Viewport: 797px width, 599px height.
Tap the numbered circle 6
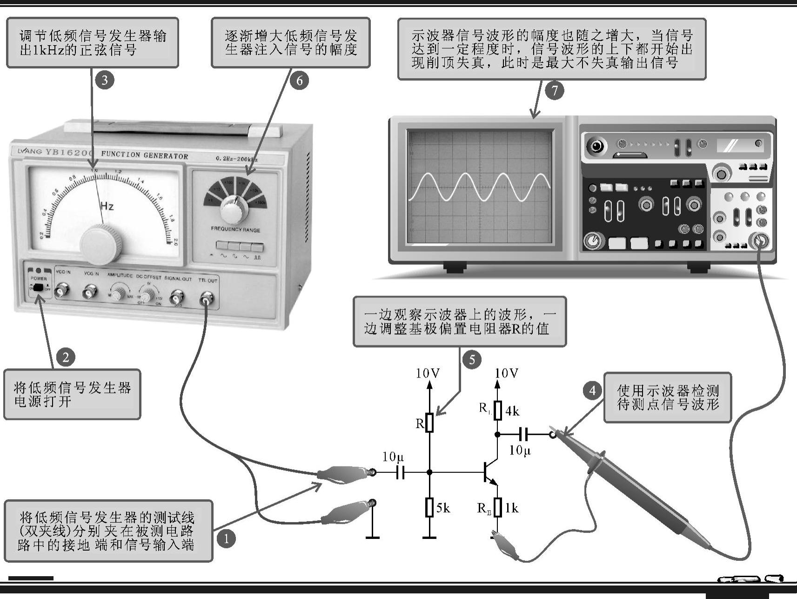[x=299, y=81]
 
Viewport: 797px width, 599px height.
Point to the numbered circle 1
[x=227, y=539]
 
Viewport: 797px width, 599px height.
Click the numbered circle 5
[x=472, y=360]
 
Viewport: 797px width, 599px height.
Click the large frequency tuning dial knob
[x=100, y=243]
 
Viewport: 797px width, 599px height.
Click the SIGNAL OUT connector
[x=177, y=296]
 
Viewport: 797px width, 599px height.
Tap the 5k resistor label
[x=443, y=508]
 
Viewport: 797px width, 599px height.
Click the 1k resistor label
[x=512, y=508]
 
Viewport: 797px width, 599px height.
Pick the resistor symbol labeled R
[x=429, y=423]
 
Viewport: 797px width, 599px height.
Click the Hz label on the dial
[x=107, y=206]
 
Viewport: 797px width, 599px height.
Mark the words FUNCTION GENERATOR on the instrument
[x=144, y=155]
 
